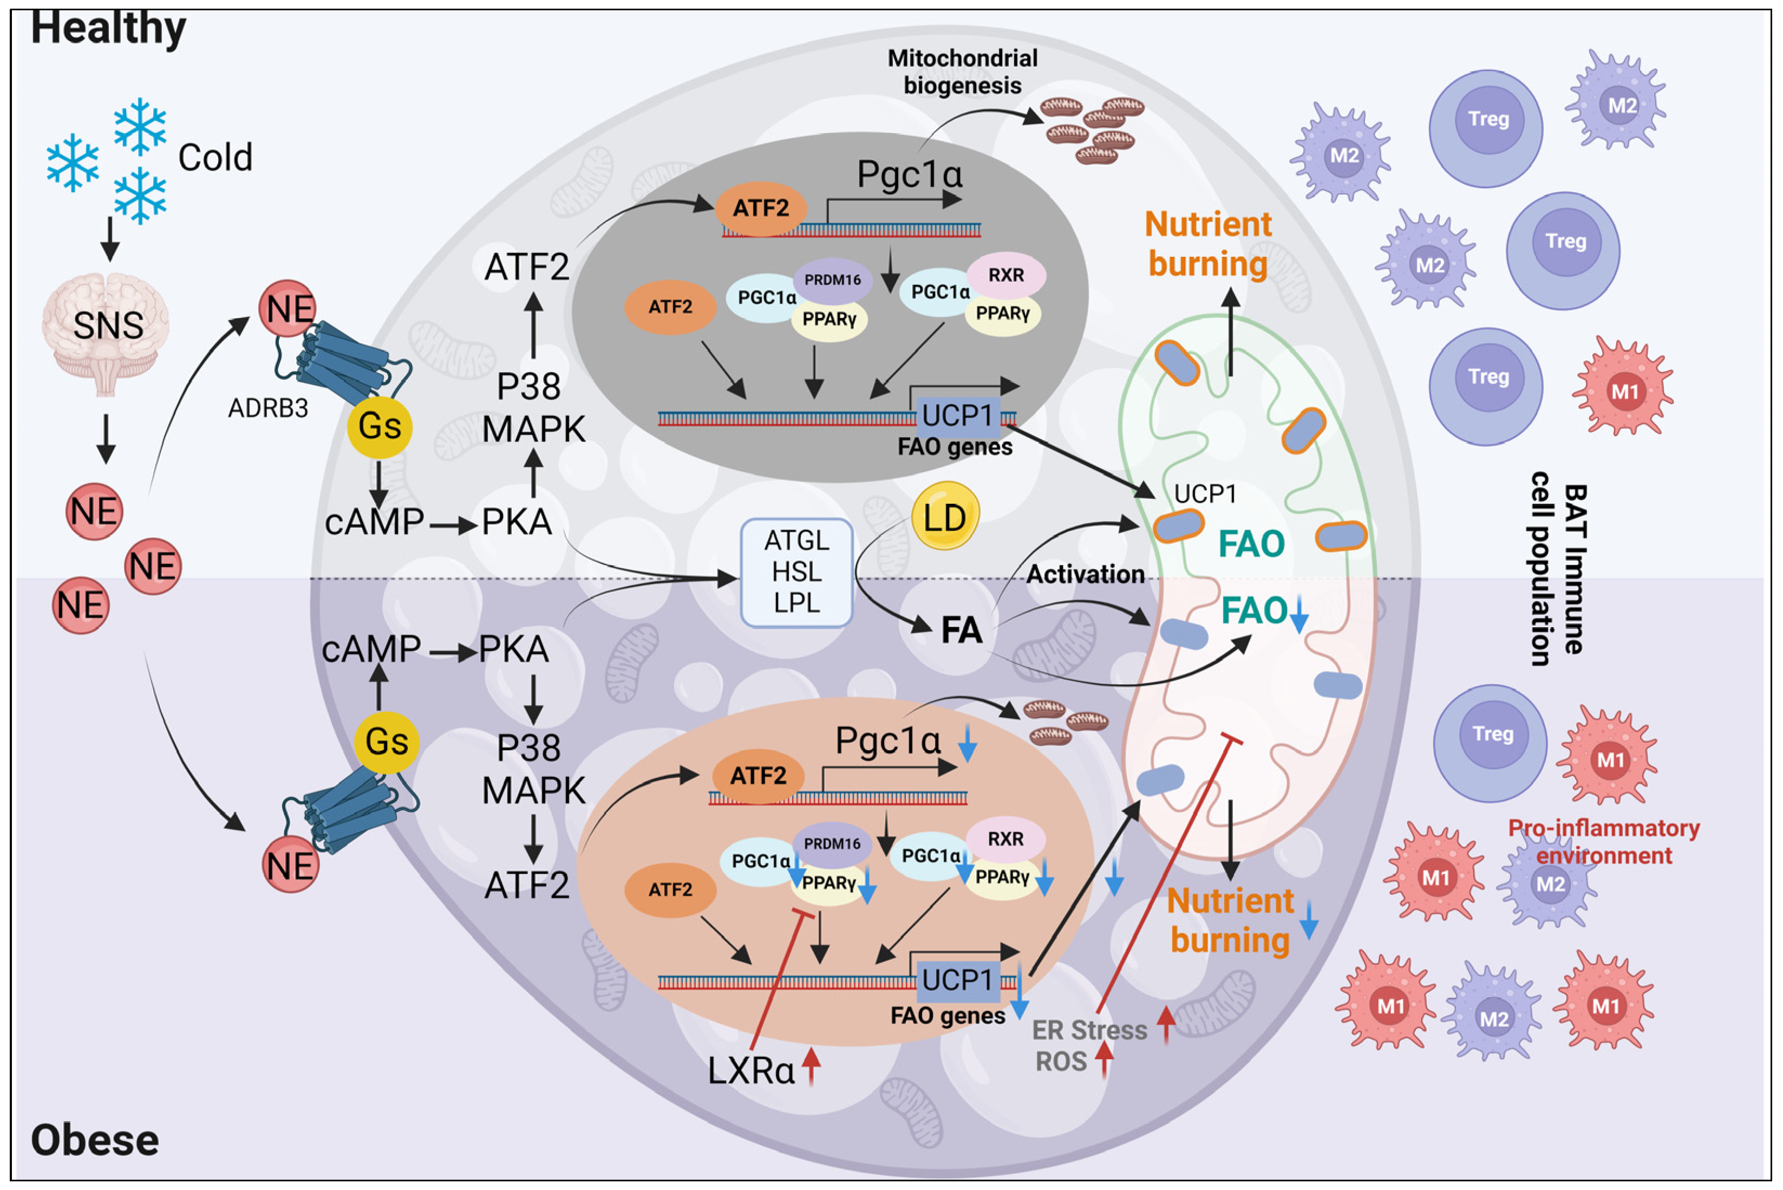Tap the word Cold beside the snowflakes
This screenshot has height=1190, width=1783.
click(x=215, y=158)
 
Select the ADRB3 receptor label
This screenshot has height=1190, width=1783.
click(x=268, y=408)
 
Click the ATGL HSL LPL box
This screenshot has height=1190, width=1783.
click(x=796, y=572)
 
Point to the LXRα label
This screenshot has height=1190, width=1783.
click(x=751, y=1071)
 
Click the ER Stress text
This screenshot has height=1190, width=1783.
click(x=1089, y=1030)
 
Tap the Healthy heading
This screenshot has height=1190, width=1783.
click(x=108, y=29)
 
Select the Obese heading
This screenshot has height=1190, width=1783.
click(x=95, y=1140)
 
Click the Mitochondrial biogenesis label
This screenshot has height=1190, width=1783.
click(x=962, y=71)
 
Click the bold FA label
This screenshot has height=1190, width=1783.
click(x=961, y=630)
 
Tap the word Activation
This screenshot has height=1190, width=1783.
click(x=1086, y=574)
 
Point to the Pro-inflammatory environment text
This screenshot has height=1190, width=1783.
click(x=1603, y=842)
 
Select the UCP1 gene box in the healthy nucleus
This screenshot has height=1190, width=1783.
click(x=957, y=416)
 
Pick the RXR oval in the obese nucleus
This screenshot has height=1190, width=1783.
click(x=1005, y=838)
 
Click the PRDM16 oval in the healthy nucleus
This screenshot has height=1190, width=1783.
click(x=832, y=279)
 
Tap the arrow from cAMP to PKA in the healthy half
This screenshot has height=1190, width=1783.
click(x=453, y=524)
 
